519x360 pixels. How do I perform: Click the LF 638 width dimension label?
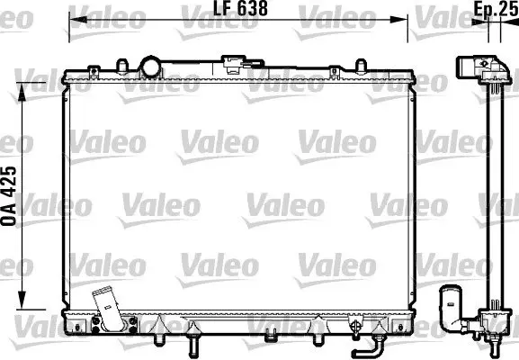(x=240, y=8)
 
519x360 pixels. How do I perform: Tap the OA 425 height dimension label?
(x=9, y=196)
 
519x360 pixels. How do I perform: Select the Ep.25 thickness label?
(x=497, y=8)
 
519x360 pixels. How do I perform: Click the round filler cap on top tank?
(x=150, y=67)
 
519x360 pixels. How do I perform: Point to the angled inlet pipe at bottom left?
(x=107, y=308)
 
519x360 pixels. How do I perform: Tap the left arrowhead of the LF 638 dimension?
(x=77, y=20)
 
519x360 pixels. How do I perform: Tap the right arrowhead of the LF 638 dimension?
(x=398, y=20)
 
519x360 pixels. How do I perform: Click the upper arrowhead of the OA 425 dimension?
(x=22, y=92)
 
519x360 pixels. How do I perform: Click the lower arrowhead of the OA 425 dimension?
(x=22, y=301)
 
